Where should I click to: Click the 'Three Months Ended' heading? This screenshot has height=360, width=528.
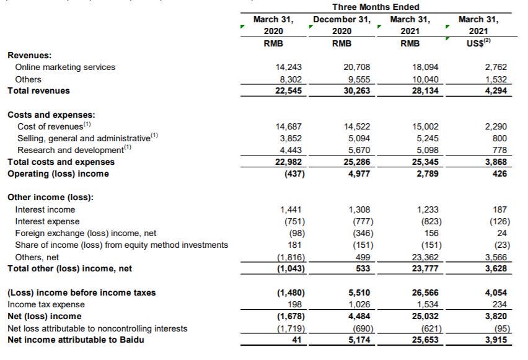click(x=376, y=7)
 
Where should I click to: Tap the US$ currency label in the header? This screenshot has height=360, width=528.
click(x=477, y=43)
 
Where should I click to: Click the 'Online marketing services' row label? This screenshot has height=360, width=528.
click(x=65, y=67)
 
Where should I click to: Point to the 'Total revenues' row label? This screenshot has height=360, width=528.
click(x=38, y=90)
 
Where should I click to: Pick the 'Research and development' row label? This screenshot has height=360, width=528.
click(x=71, y=150)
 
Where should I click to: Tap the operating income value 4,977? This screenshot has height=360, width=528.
click(x=360, y=173)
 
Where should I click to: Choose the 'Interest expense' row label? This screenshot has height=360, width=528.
click(x=47, y=221)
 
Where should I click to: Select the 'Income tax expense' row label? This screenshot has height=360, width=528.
click(x=46, y=304)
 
